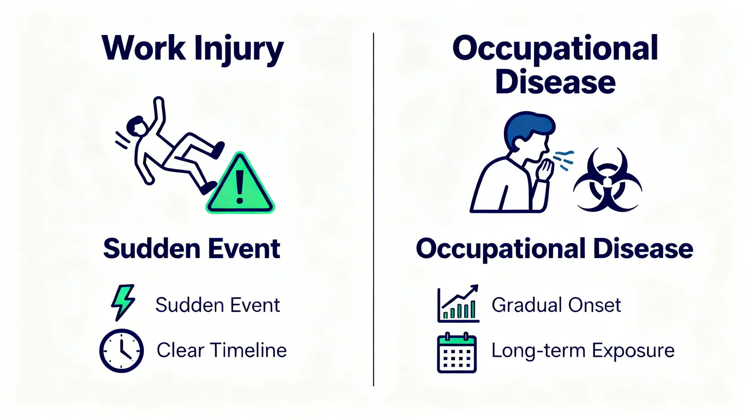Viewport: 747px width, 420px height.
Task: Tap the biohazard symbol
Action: click(608, 180)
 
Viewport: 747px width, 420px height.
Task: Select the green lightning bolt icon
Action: click(123, 302)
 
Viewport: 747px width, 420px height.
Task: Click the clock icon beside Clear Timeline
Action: click(122, 351)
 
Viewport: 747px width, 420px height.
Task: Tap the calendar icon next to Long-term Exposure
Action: click(457, 352)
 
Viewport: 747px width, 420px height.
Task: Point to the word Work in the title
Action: click(143, 48)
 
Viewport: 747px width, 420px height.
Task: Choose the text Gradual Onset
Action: click(556, 305)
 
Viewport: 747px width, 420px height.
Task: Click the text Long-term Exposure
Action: click(583, 351)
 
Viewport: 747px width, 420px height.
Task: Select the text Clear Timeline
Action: click(221, 350)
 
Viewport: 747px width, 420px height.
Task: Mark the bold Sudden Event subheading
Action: click(192, 248)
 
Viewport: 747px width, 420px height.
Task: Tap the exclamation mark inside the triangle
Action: click(239, 186)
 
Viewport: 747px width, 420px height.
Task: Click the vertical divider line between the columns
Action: click(373, 209)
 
